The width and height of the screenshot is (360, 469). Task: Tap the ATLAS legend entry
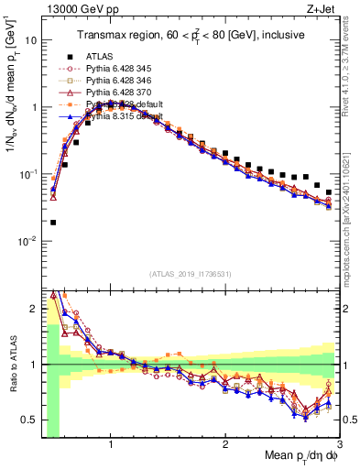[x=101, y=56]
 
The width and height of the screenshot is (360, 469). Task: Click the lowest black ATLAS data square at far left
[x=53, y=222]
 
